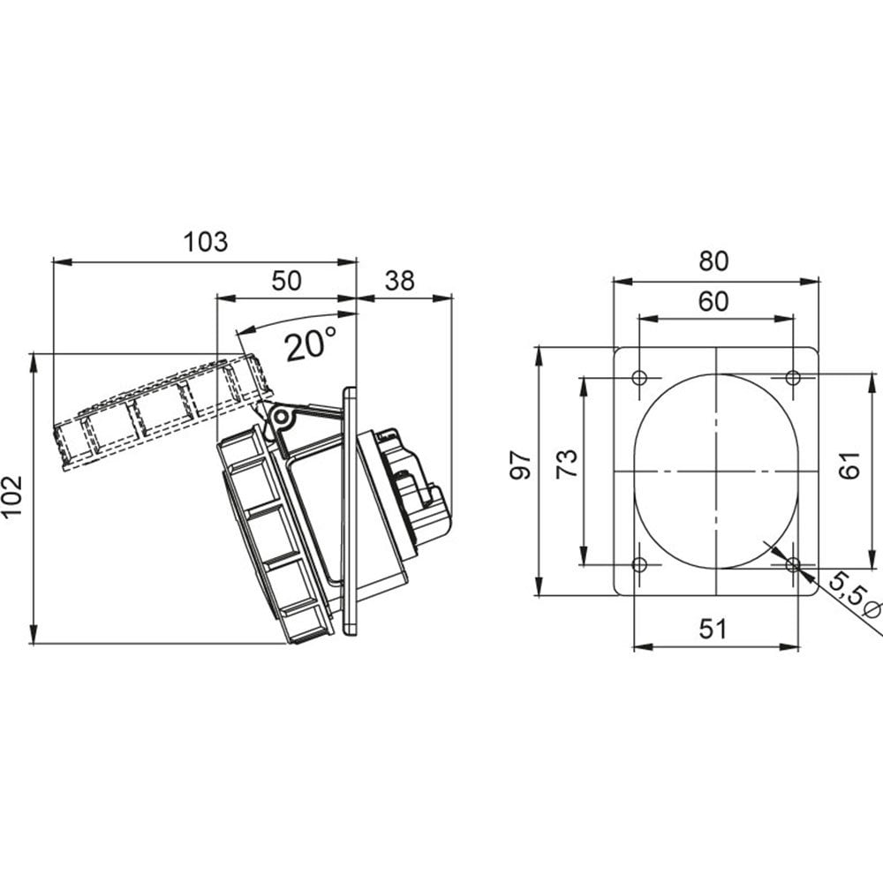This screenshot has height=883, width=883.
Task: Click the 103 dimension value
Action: tap(206, 242)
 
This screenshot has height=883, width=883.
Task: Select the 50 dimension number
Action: tap(287, 281)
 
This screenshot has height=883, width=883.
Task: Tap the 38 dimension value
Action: tap(400, 281)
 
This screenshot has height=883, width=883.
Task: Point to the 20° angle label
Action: tap(311, 344)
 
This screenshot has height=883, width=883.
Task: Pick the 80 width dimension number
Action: tap(713, 260)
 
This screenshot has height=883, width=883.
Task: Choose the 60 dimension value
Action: tap(713, 302)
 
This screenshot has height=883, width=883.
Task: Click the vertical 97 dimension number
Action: tap(520, 464)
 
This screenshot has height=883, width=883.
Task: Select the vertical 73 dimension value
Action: tap(567, 464)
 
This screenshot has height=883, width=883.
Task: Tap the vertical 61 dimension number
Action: tap(849, 465)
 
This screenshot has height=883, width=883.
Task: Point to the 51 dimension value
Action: tap(713, 629)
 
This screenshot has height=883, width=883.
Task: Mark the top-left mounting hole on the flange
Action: tap(639, 377)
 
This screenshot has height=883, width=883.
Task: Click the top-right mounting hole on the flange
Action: tap(793, 377)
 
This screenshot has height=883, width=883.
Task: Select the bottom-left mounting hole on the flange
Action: tap(639, 564)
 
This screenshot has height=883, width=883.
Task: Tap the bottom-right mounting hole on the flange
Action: tap(793, 564)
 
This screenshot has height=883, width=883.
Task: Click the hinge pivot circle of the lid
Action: tap(281, 418)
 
